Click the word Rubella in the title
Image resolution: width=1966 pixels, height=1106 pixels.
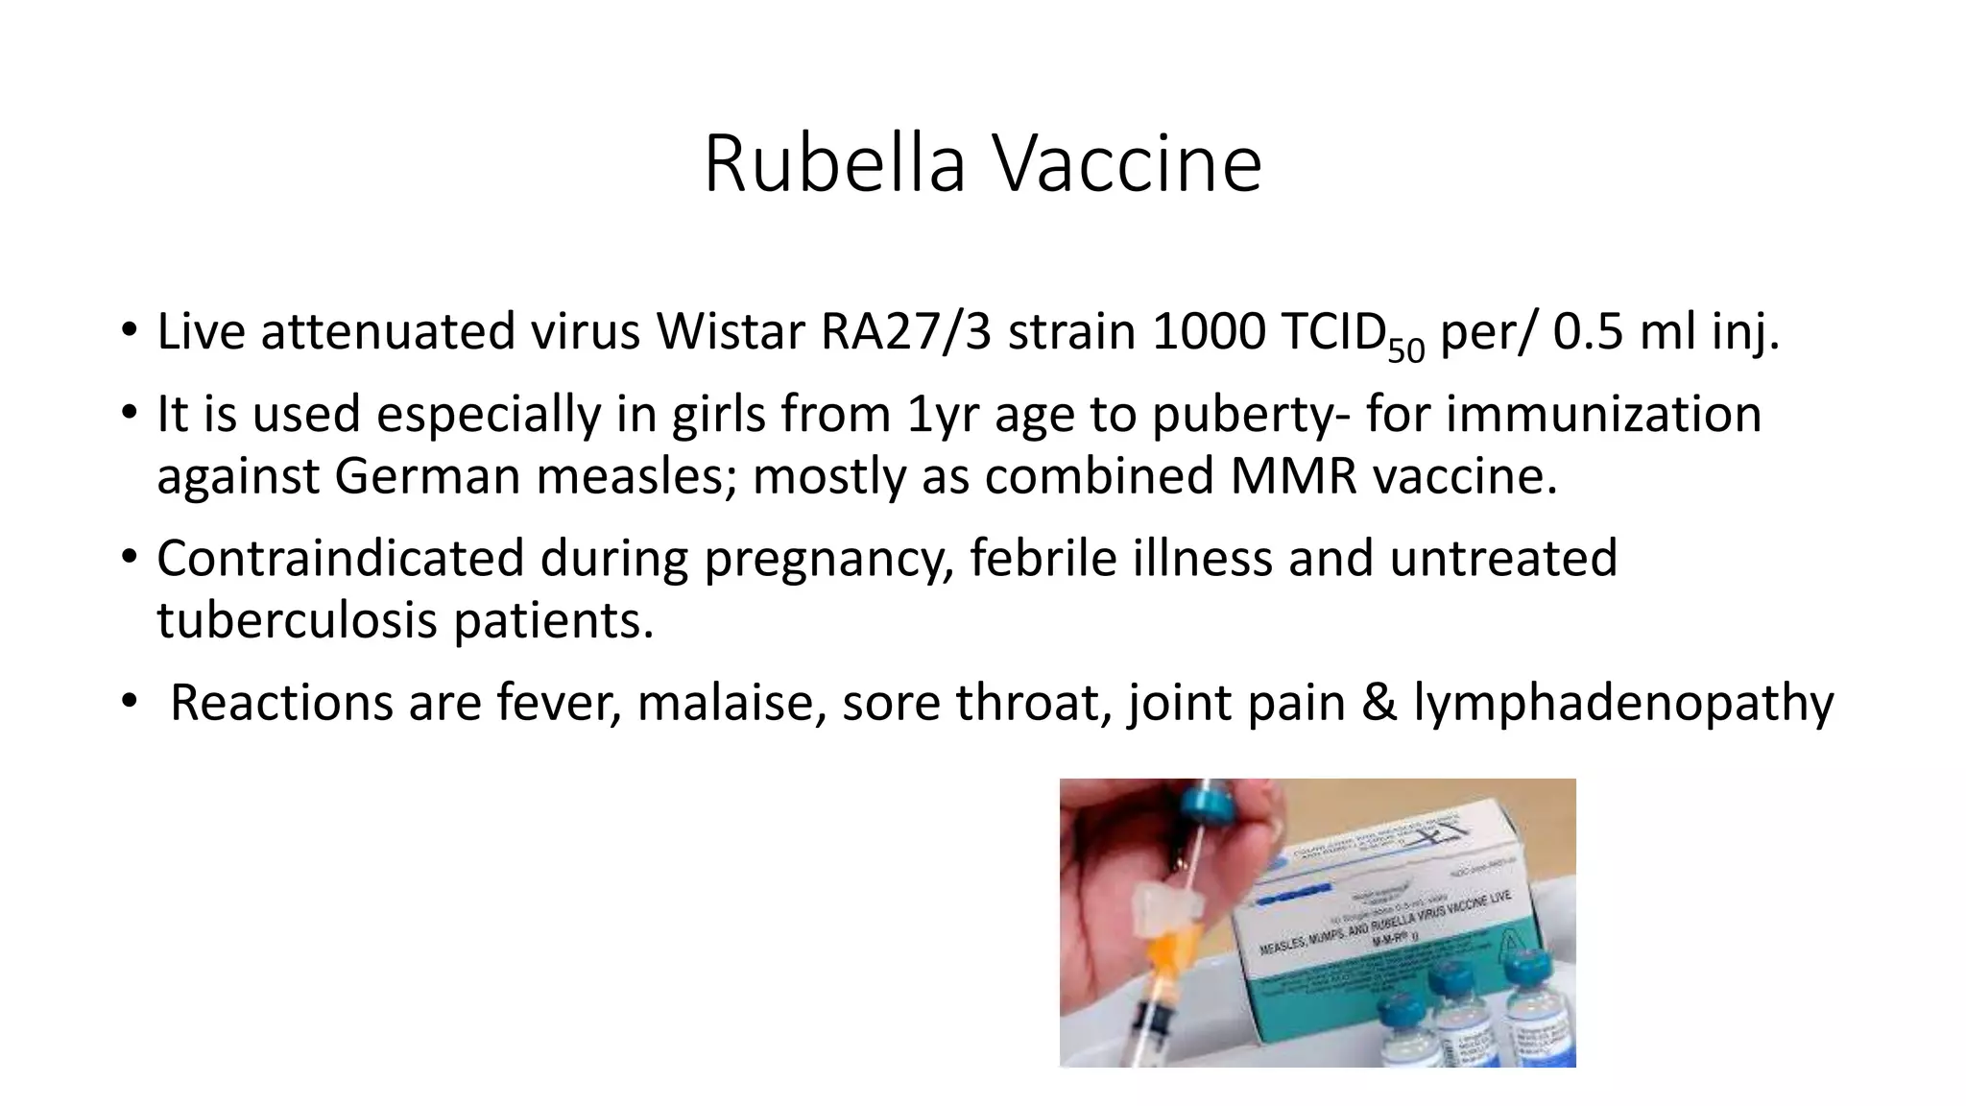tap(833, 164)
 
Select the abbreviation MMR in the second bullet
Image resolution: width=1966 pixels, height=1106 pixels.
tap(1293, 476)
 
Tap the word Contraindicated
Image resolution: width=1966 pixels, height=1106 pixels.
tap(340, 559)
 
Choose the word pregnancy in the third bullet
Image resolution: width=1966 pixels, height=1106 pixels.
tap(828, 559)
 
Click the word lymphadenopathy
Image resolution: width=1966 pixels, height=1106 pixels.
tap(1623, 703)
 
